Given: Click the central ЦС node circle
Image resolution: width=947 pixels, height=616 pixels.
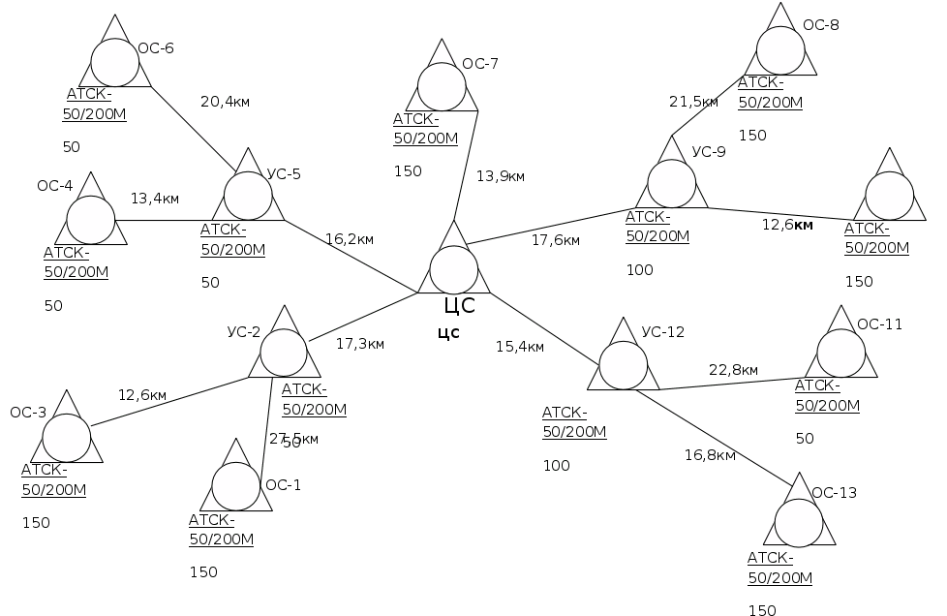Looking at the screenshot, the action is click(453, 269).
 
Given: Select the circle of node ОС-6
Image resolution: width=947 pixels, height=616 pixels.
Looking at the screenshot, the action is click(116, 63).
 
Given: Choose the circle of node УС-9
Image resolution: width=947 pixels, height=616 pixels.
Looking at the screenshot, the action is click(672, 184).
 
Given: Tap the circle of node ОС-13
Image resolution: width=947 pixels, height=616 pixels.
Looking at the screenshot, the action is click(800, 522).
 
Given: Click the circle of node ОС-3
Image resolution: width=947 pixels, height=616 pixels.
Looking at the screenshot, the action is click(68, 439).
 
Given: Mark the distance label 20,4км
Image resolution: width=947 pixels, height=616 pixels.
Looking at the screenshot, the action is click(226, 101).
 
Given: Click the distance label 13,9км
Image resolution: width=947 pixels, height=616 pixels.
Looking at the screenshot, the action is click(501, 176).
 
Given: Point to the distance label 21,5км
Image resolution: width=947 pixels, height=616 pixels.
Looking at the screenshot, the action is click(694, 101).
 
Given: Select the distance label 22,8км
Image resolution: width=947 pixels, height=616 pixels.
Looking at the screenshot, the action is click(734, 370).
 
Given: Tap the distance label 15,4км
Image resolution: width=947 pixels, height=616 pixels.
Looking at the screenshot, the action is click(520, 346).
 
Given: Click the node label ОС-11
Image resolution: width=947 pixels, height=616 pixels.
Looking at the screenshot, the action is click(879, 324).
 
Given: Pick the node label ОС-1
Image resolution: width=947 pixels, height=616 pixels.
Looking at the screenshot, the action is click(283, 484).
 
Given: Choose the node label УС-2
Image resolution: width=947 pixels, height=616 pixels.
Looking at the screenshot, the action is click(243, 332).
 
